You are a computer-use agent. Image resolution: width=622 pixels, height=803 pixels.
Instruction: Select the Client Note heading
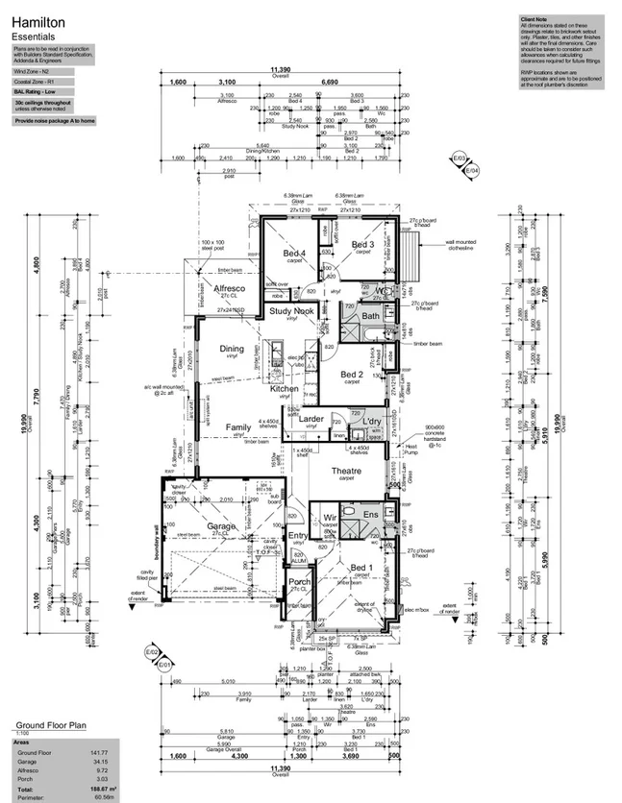click(534, 19)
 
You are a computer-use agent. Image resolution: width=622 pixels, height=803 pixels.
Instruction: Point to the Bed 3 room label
click(362, 247)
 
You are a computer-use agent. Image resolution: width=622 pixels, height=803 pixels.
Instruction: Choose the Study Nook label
click(291, 311)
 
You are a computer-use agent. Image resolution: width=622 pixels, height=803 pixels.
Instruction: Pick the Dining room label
click(232, 349)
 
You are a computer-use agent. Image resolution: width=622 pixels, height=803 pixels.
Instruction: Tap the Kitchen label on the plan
click(285, 389)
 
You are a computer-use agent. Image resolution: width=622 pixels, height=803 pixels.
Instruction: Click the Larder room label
click(311, 419)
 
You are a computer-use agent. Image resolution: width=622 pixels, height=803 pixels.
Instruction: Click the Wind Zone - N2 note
click(33, 72)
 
